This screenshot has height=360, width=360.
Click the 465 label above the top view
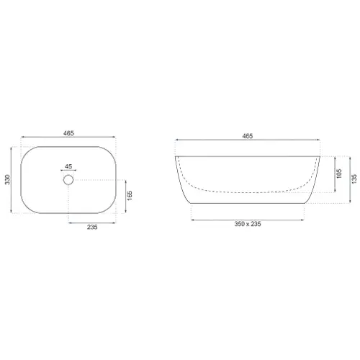coord(68,133)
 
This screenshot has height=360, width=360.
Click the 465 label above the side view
coord(248,136)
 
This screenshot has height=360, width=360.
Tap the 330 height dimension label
coord(8,179)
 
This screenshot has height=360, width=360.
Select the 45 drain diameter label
coord(68,166)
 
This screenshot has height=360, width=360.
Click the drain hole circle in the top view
coord(68,176)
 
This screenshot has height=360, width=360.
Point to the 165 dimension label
coord(130,196)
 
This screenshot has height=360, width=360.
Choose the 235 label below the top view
coord(92,227)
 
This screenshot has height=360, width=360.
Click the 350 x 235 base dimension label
coord(248,224)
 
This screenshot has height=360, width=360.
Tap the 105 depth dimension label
coord(339,174)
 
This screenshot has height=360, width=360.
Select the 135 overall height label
coord(354,179)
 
